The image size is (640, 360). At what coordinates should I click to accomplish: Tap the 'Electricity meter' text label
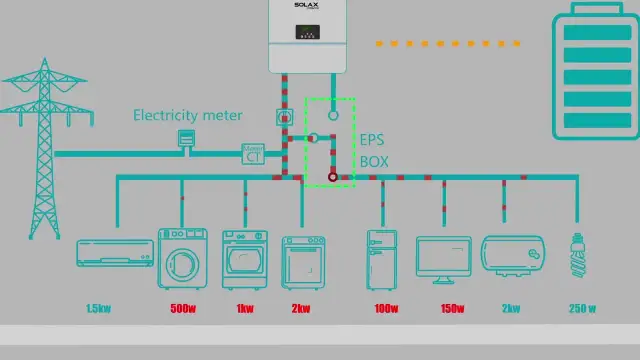pos(188,115)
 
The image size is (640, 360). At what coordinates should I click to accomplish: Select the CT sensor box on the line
pos(253,154)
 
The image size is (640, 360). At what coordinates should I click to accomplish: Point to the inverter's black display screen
pos(307,31)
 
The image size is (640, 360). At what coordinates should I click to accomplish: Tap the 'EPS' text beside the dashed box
pos(372,140)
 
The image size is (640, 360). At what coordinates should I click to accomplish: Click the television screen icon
pos(443,257)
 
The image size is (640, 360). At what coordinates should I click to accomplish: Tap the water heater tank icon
pos(513,254)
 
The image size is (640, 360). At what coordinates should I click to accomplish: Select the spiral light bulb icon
pos(577,255)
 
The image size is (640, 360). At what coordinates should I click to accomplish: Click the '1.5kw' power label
pos(98,309)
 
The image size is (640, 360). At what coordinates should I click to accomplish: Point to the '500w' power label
pos(182,309)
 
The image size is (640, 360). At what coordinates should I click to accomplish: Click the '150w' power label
pos(452,309)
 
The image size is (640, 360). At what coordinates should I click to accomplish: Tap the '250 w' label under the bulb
pos(581,309)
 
